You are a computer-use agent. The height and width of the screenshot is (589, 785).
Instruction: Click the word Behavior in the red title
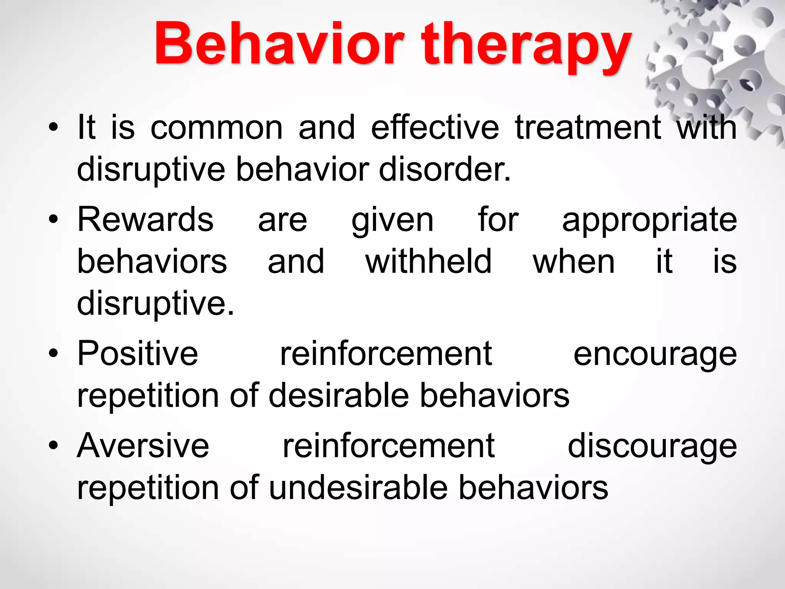[279, 43]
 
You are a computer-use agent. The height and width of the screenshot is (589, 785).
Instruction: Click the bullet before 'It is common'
[54, 128]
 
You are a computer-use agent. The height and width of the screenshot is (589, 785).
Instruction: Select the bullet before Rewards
[54, 220]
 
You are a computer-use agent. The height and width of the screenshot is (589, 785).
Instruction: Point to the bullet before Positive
[54, 354]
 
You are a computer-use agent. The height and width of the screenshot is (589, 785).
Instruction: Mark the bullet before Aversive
[54, 446]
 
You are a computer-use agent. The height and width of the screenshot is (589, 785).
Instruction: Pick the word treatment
[588, 128]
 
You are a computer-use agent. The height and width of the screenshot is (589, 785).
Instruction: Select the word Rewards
[146, 219]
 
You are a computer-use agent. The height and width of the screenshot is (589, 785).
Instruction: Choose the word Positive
[138, 353]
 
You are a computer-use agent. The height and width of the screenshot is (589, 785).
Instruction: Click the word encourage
[655, 356]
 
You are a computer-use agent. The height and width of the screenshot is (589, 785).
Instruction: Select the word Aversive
[143, 445]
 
